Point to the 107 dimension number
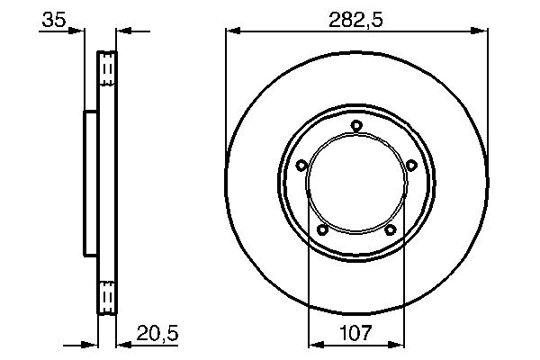(355, 334)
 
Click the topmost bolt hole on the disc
(356, 125)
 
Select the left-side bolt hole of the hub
(301, 165)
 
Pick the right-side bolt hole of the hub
(412, 165)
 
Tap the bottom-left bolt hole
(322, 230)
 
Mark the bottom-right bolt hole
(391, 230)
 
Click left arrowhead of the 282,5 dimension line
(231, 31)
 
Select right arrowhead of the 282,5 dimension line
(483, 31)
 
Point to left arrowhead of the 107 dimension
(315, 344)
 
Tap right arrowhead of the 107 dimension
(397, 344)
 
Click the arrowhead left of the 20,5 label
(122, 344)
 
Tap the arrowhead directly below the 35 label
(78, 31)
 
